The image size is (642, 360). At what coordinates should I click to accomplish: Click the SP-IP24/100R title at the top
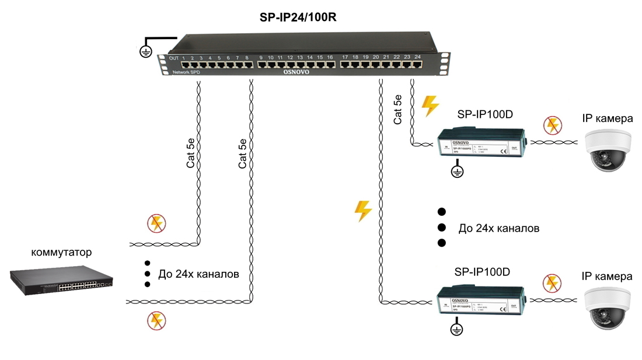tap(298, 18)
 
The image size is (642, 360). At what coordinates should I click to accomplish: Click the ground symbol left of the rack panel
tap(146, 51)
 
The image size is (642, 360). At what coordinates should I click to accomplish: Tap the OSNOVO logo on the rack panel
tap(296, 72)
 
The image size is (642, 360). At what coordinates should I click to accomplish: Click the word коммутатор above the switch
tap(61, 253)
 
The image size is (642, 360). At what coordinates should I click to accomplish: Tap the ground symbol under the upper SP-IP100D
tap(458, 172)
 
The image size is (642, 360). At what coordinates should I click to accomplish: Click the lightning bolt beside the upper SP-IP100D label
tap(430, 106)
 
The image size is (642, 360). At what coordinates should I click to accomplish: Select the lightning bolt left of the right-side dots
tap(363, 211)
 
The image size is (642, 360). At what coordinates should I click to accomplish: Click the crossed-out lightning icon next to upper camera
tap(552, 125)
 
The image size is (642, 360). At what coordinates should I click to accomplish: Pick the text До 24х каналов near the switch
tap(198, 274)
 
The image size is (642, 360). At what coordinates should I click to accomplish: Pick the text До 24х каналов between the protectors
tap(498, 228)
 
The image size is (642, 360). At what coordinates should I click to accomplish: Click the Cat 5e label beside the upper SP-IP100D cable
tap(398, 109)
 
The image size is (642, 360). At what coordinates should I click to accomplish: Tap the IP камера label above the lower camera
tap(607, 276)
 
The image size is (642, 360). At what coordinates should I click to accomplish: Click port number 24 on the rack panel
tap(418, 57)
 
